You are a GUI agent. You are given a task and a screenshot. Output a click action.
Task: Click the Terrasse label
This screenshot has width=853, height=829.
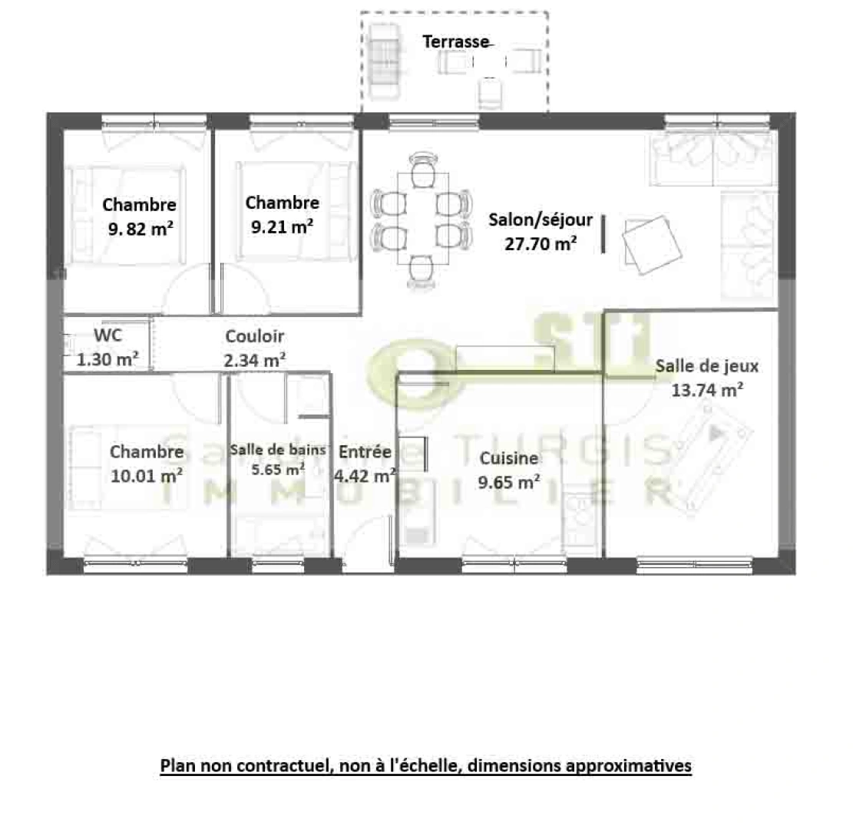tap(455, 41)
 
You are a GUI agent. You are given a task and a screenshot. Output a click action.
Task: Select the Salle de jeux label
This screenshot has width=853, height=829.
tap(706, 366)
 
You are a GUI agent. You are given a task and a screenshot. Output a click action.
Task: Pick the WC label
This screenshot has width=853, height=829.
tap(107, 335)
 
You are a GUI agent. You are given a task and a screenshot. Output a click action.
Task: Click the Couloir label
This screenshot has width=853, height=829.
tap(255, 336)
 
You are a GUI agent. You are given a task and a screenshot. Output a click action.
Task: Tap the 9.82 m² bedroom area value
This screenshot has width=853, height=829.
tap(140, 228)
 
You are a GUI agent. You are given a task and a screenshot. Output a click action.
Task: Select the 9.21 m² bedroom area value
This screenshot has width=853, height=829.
tap(282, 226)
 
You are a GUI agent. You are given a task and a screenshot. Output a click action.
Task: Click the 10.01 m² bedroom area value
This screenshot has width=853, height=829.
tap(147, 475)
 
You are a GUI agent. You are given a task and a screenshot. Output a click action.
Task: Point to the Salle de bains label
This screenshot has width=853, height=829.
tap(279, 450)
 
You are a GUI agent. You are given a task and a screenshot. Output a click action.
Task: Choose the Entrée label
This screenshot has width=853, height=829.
tap(365, 452)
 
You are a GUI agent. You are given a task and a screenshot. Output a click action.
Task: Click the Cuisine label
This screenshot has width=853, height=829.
tap(509, 459)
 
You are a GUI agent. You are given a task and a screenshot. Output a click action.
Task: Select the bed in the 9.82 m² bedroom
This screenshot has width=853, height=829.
tap(127, 214)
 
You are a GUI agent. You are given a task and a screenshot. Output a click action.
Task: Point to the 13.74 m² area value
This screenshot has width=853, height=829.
tap(706, 390)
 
